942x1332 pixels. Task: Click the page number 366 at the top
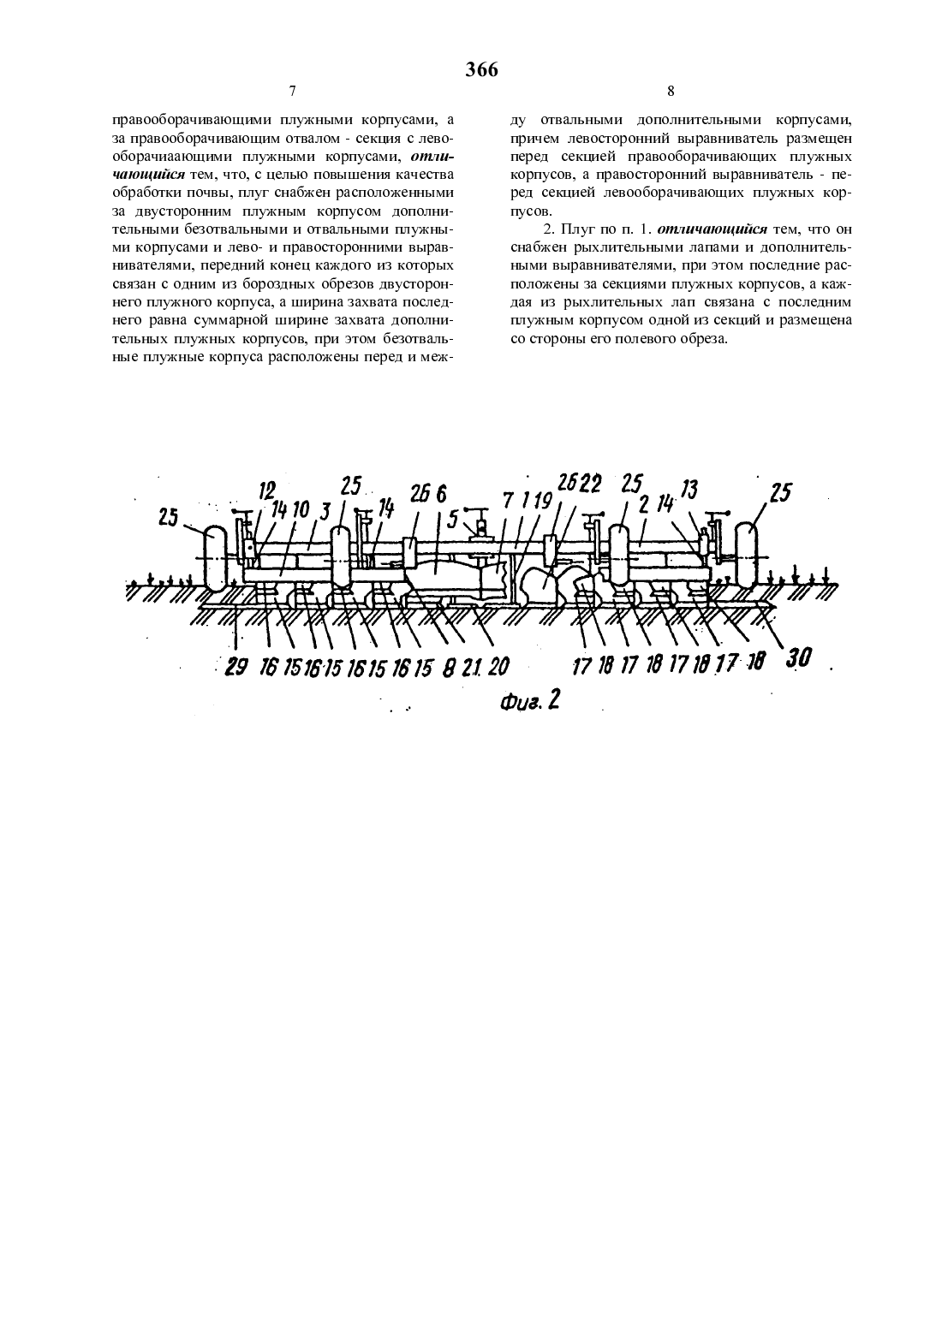[481, 69]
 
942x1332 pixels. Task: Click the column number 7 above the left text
[292, 91]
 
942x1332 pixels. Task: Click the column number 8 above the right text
[671, 91]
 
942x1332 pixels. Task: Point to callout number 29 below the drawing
[236, 667]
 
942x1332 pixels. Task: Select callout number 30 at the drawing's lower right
[798, 658]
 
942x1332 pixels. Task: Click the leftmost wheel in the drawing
[215, 558]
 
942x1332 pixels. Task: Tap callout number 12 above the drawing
[267, 491]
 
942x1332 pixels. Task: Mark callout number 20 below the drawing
[498, 667]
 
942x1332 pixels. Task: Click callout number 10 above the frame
[301, 509]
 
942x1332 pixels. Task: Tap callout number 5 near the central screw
[452, 519]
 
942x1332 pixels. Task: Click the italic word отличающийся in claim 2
[713, 229]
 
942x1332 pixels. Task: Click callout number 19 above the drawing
[544, 502]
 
